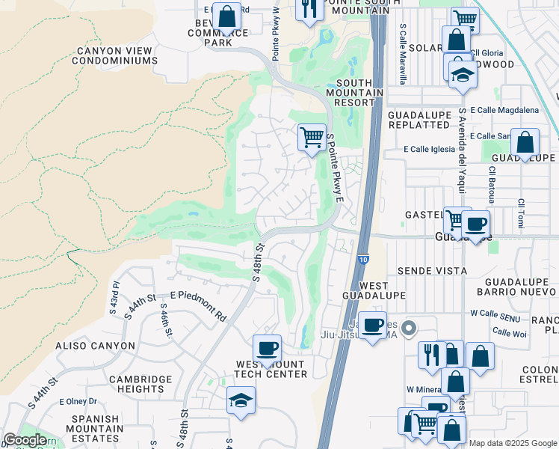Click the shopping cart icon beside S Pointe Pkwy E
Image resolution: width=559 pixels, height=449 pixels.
[x=312, y=138]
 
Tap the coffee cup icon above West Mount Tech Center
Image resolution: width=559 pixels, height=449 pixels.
[x=267, y=349]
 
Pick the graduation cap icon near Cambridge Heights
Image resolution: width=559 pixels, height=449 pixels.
[x=241, y=400]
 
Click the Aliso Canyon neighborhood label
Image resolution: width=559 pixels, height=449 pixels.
[x=96, y=346]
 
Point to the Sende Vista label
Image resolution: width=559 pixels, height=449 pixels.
[x=433, y=271]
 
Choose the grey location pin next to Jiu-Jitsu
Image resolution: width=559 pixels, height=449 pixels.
[x=408, y=328]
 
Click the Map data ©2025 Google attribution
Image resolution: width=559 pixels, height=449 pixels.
[x=512, y=443]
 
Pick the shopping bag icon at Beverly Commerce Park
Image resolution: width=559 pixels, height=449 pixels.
[x=226, y=16]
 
